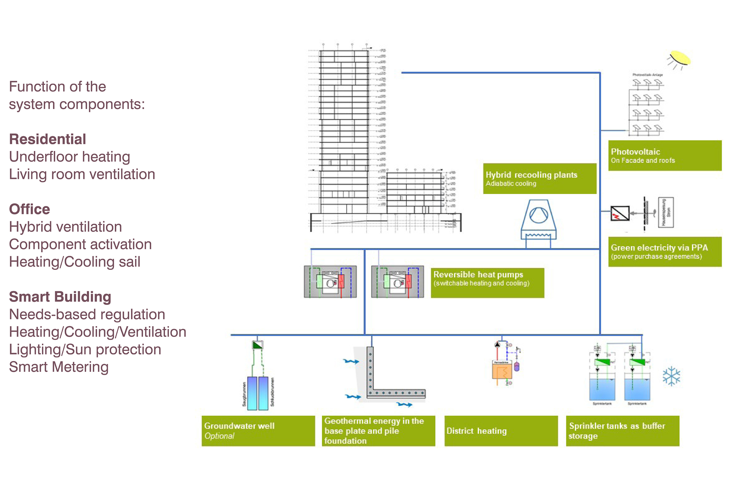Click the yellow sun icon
tap(680, 58)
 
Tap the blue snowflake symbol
tap(671, 376)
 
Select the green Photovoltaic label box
tap(665, 155)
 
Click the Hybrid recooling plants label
tap(539, 179)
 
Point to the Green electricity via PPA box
tap(665, 252)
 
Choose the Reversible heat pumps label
tap(487, 283)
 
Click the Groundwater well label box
tap(258, 431)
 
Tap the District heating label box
tap(501, 431)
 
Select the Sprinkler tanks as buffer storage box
tap(622, 431)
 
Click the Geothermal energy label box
tap(378, 431)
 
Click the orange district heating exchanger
tap(502, 371)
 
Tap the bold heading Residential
tap(47, 139)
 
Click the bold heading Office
tap(29, 209)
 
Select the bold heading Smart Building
tap(60, 297)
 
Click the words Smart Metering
tap(59, 367)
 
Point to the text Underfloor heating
tap(70, 157)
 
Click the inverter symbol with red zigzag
tap(620, 213)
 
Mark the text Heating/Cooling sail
tap(75, 262)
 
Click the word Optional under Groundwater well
tap(219, 436)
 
